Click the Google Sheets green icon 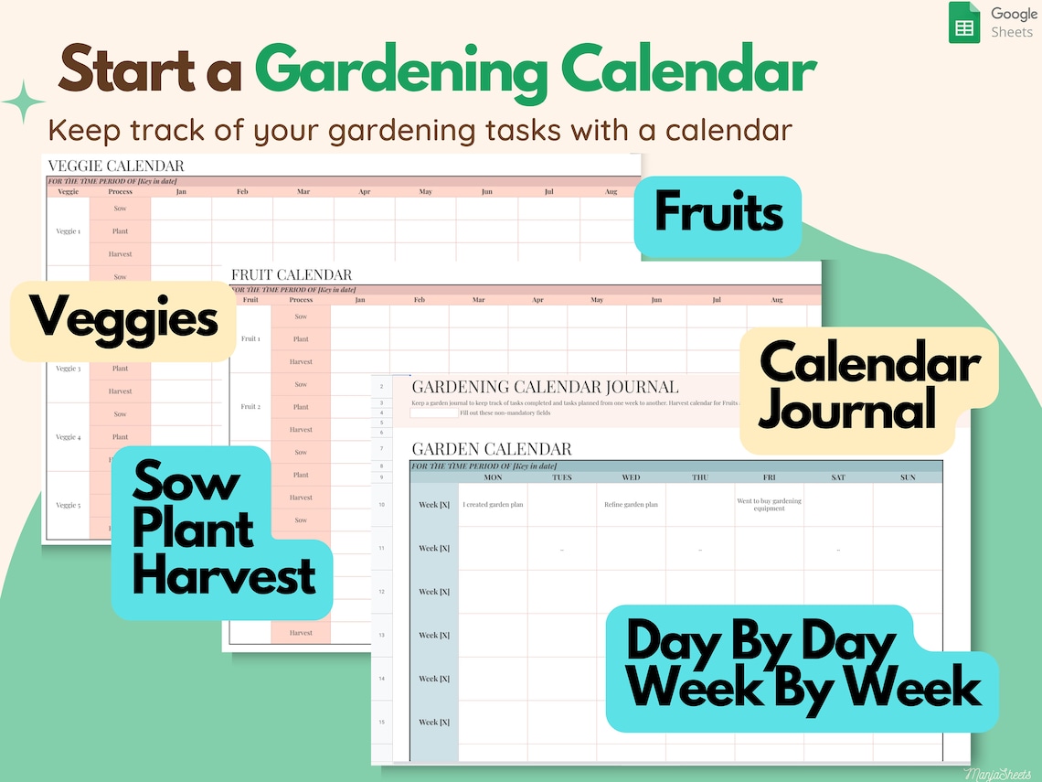pos(963,24)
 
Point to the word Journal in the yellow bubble pos(847,410)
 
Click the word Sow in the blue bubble pos(187,482)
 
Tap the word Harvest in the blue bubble pos(223,576)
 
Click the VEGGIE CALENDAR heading pos(115,166)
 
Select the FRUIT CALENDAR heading pos(292,274)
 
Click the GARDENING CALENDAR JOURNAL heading pos(545,387)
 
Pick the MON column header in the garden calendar pos(493,477)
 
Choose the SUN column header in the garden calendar pos(907,477)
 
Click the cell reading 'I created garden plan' pos(493,505)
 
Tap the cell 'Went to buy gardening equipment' pos(769,505)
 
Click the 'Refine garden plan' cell pos(631,505)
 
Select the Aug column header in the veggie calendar pos(610,192)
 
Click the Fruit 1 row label pos(250,338)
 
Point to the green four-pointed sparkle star pos(23,102)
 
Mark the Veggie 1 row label pos(69,231)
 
